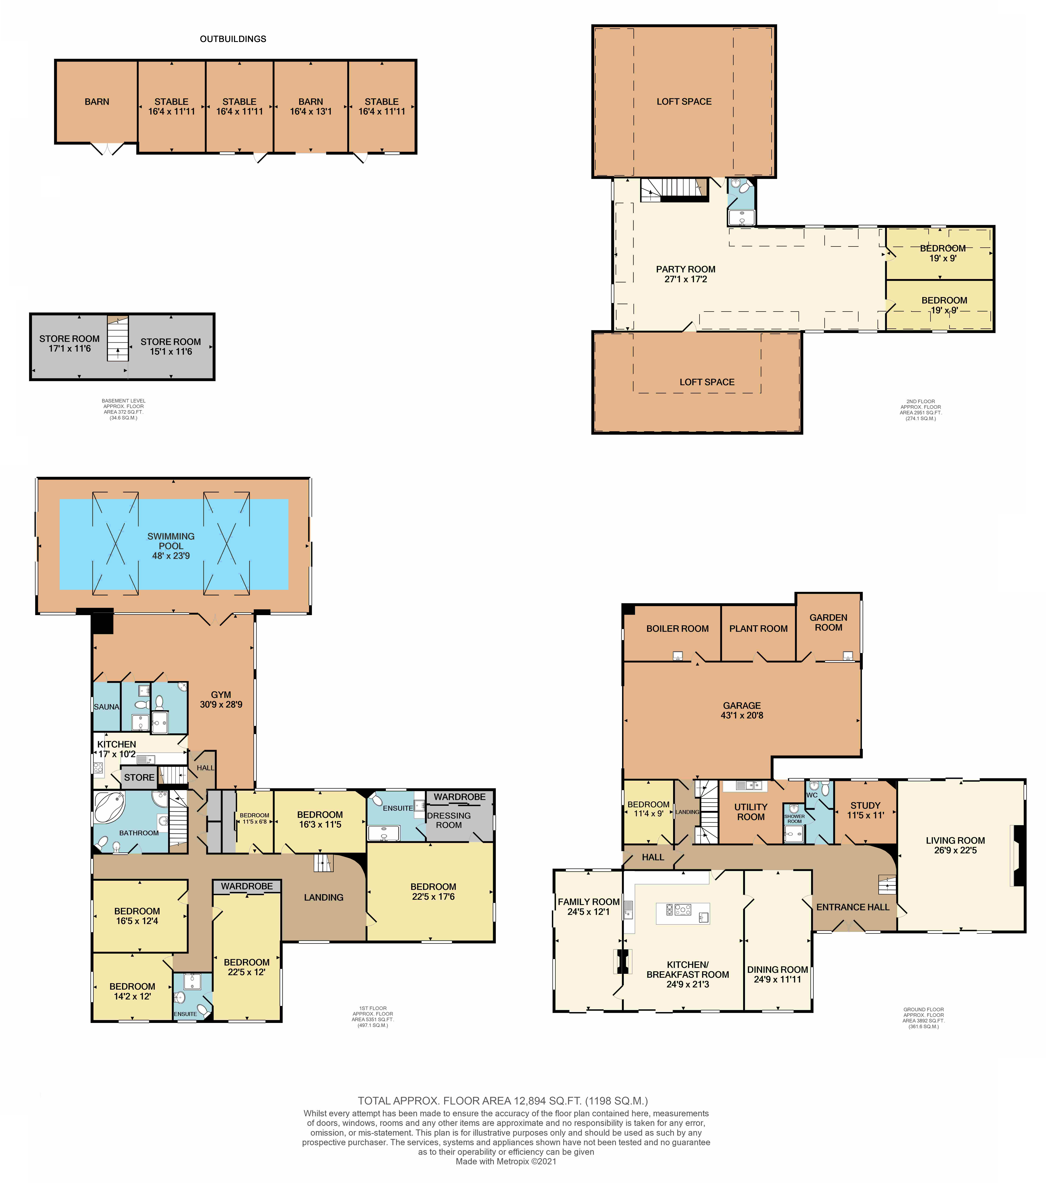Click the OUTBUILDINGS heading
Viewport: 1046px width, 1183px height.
coord(233,39)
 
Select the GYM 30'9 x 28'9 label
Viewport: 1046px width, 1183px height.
coord(221,699)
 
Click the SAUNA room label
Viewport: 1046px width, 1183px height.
coord(107,707)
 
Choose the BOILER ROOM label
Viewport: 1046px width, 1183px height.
coord(677,629)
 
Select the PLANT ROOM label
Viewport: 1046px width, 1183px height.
coord(758,629)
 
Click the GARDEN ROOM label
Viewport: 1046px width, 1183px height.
coord(828,622)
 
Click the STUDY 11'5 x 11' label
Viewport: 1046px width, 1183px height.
coord(865,810)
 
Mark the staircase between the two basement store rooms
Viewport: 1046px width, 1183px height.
coord(117,339)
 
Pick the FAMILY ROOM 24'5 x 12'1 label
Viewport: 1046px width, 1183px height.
coord(589,906)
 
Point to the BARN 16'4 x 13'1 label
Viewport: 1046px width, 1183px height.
coord(311,107)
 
